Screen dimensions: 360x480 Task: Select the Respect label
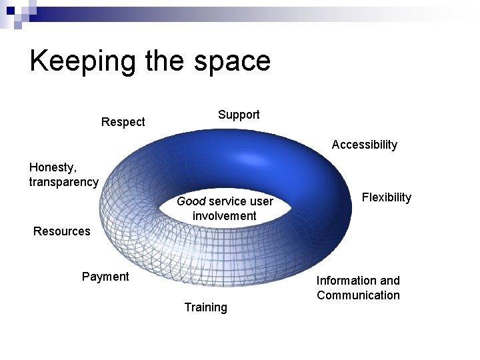123,122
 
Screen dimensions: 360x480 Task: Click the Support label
239,115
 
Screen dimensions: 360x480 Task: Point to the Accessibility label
364,145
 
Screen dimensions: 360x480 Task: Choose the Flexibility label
386,197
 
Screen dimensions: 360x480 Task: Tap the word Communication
358,295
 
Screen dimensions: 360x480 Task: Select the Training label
205,307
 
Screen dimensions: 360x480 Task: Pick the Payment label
105,277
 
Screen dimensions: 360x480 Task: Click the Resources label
61,231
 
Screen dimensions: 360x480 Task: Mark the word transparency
63,182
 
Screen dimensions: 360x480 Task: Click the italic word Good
191,201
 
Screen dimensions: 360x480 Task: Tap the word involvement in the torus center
224,216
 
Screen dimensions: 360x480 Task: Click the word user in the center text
261,201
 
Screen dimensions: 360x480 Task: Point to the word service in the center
227,201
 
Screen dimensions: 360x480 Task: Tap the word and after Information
390,281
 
